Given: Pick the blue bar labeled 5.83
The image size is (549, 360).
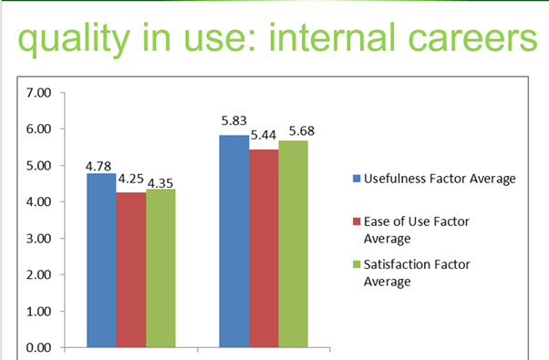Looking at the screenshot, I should click(234, 241).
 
